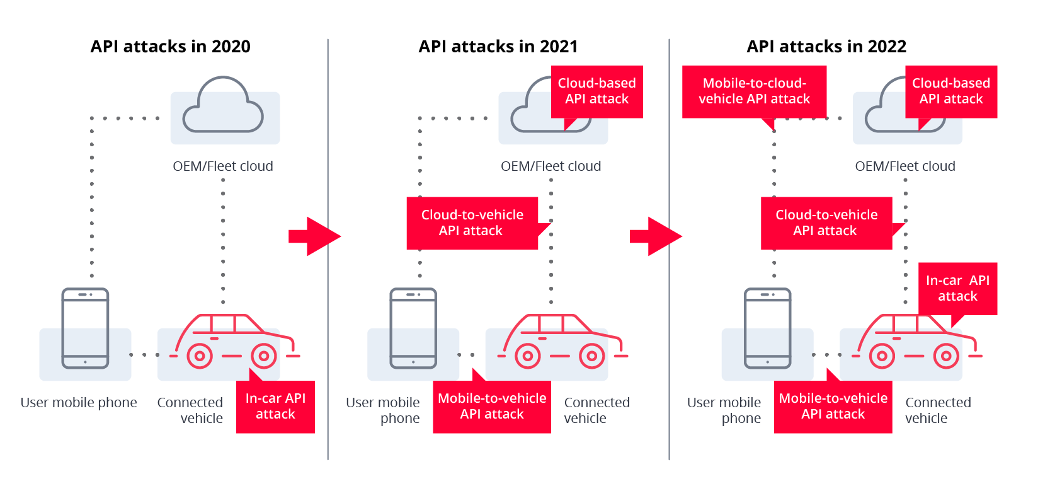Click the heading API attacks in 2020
coord(170,47)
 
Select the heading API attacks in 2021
coord(498,47)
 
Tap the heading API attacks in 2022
coord(826,47)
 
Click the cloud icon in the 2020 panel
coord(222,105)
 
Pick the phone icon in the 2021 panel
coord(413,328)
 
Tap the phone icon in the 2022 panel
coord(767,328)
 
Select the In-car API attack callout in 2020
coord(275,406)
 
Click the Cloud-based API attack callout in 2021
coord(596,91)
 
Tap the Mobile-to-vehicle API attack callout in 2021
coord(492,406)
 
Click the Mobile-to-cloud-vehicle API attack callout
coord(754,91)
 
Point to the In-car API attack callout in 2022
coord(957,289)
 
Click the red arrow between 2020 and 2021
coord(314,236)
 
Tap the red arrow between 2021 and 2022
coord(656,236)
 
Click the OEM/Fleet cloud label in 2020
coord(222,166)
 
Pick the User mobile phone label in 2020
coord(79,403)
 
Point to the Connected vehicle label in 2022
coord(938,410)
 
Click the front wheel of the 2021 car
coord(592,356)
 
